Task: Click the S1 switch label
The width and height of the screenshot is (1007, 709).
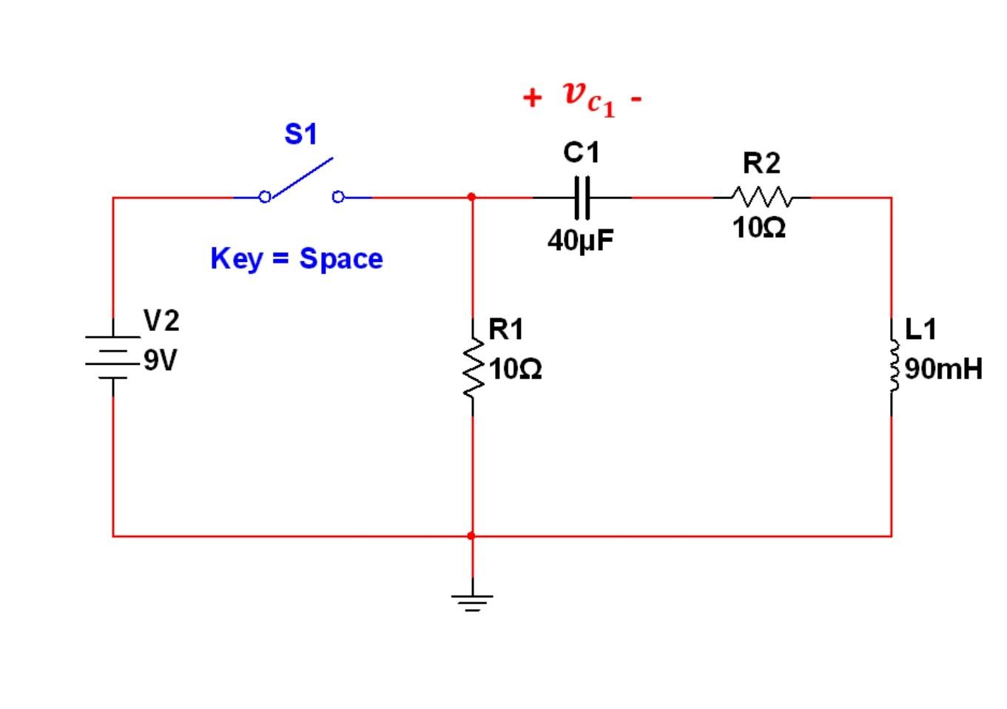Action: click(300, 134)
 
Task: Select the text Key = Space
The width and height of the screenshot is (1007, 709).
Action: click(297, 258)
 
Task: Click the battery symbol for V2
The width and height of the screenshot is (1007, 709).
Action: click(112, 357)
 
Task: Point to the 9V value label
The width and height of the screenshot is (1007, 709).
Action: click(161, 360)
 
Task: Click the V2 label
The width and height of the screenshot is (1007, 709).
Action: click(161, 321)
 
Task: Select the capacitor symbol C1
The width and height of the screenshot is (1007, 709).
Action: click(582, 198)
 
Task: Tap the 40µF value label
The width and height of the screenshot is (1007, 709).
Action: click(581, 241)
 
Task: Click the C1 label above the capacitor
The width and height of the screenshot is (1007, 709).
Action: click(581, 152)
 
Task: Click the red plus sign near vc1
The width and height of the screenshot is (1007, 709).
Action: click(531, 98)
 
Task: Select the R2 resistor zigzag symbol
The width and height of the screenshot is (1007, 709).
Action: click(761, 198)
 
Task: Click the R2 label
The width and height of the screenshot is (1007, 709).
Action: click(761, 163)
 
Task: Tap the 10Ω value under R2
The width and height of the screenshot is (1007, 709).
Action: click(759, 227)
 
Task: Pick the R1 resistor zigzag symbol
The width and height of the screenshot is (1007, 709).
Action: click(472, 367)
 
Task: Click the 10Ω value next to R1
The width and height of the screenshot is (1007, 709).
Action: click(515, 369)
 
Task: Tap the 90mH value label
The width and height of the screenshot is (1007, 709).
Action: click(943, 368)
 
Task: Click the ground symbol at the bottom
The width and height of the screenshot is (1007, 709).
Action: click(472, 599)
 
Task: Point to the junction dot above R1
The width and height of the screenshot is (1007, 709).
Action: click(472, 197)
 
